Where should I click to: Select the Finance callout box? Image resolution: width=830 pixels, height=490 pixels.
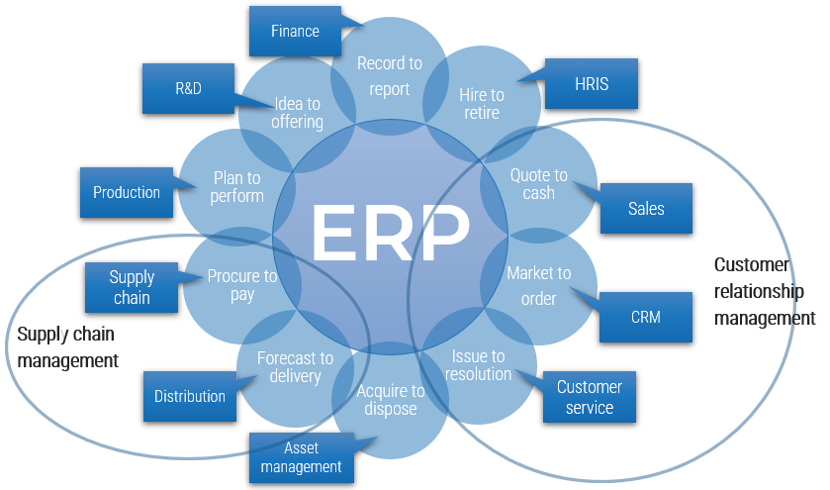295,31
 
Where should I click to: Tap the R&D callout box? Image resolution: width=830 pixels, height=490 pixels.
188,88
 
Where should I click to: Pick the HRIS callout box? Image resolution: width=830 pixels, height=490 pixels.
592,84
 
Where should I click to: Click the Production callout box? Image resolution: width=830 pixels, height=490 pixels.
127,192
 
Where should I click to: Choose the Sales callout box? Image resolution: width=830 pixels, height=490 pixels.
646,208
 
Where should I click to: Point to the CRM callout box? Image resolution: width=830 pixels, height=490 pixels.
645,318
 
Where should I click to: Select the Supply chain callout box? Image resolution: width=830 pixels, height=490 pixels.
132,287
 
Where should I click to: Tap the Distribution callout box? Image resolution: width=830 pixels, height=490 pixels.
189,396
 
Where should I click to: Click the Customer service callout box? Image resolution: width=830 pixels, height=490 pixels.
590,397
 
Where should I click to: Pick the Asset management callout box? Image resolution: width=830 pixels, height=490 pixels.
302,457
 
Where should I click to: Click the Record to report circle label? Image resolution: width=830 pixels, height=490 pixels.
389,76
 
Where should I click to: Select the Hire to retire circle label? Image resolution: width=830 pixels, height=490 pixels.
482,104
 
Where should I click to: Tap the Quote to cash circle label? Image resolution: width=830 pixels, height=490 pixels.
538,184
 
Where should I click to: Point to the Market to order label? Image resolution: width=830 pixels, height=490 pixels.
538,285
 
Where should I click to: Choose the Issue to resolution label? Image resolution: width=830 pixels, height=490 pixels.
478,365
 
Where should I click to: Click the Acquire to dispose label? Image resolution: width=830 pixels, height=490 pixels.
390,400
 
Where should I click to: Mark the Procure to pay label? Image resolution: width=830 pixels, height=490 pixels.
242,285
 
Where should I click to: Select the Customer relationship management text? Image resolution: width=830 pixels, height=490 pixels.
764,291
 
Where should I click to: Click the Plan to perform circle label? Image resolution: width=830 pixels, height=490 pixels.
237,187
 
